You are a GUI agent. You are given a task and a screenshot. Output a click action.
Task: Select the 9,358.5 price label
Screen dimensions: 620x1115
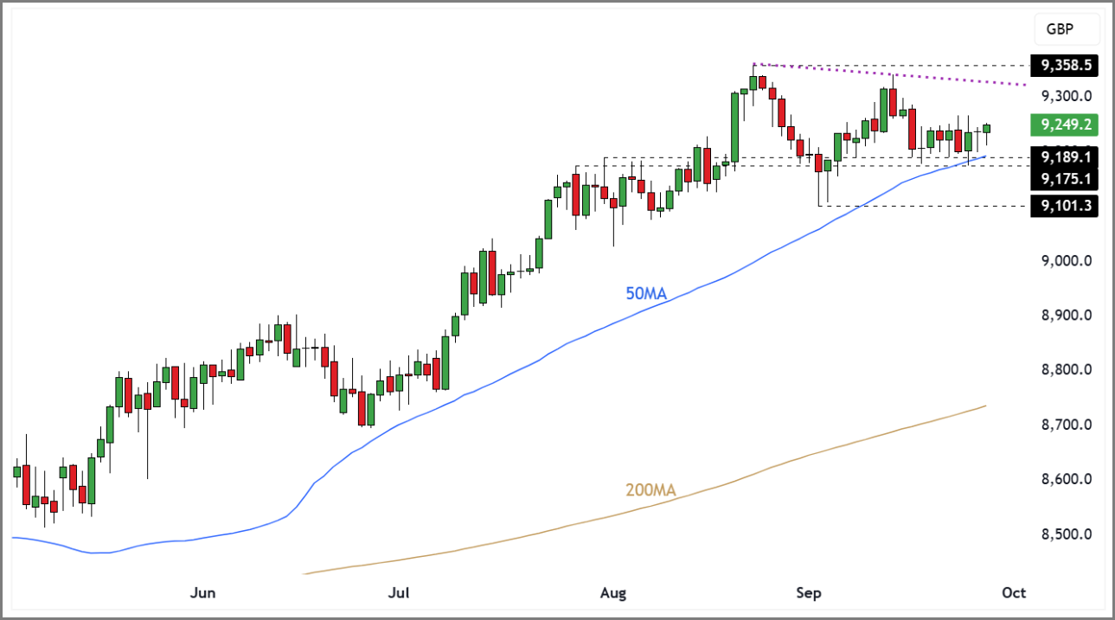[x=1065, y=65]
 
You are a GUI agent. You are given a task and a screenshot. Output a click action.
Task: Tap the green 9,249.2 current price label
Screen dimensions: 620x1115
[x=1065, y=125]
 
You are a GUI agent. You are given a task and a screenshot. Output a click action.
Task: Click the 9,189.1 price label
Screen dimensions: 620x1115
[x=1065, y=157]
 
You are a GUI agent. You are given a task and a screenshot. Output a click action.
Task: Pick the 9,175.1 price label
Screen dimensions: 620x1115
[x=1065, y=179]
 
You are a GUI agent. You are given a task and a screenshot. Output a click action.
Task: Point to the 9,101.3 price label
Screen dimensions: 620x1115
[x=1065, y=206]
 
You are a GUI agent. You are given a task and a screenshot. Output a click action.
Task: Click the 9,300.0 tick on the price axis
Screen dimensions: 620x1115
[x=1067, y=96]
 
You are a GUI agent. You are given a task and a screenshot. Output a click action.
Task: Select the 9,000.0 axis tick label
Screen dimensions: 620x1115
[x=1067, y=261]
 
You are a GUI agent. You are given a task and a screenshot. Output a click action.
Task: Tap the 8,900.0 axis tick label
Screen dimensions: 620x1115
[x=1067, y=316]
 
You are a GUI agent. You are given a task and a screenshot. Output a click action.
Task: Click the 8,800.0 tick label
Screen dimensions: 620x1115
[x=1067, y=370]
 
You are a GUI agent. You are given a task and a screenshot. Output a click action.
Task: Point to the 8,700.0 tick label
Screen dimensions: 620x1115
[x=1067, y=425]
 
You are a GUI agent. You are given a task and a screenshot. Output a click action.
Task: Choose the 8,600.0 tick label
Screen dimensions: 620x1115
[x=1067, y=479]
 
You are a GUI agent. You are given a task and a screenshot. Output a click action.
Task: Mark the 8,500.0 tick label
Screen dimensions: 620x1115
[x=1067, y=534]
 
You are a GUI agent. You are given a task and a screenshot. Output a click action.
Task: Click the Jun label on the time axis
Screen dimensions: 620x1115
[x=202, y=593]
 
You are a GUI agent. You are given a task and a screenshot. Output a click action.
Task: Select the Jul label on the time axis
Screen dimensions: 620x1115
[x=399, y=593]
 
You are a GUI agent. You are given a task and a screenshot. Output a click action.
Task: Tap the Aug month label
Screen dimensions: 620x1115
[x=612, y=593]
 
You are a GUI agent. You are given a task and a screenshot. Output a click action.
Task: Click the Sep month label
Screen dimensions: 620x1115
[x=808, y=593]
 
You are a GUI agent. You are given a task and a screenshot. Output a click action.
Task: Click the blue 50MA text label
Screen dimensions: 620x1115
[x=646, y=294]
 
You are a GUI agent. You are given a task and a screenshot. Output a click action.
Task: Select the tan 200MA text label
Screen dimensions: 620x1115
[x=650, y=491]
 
